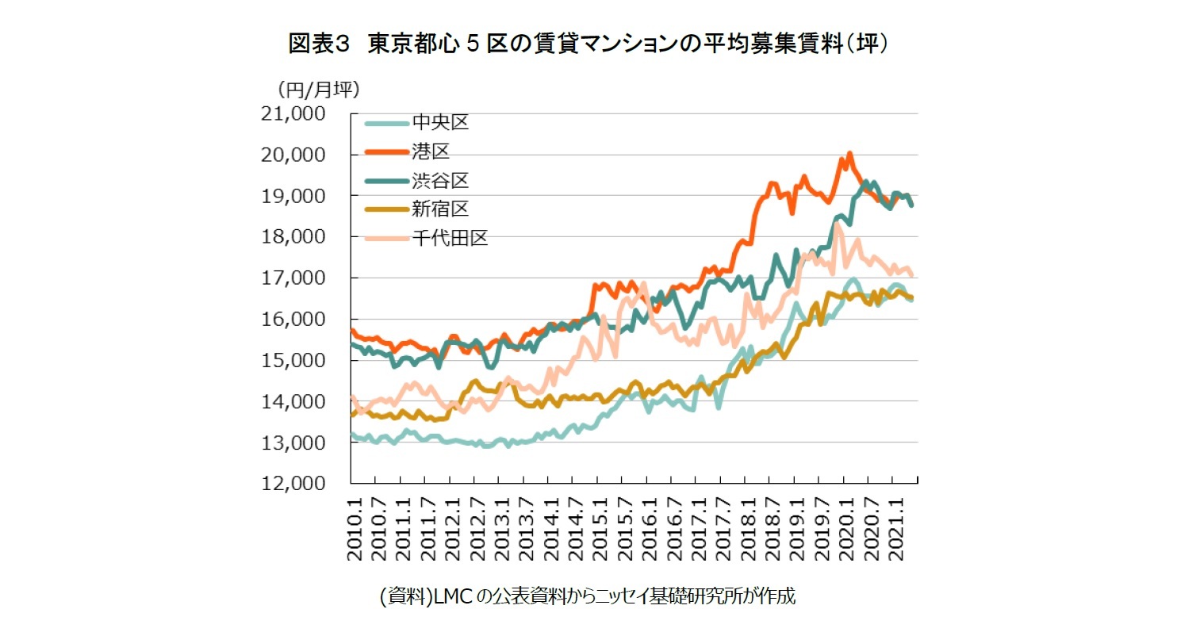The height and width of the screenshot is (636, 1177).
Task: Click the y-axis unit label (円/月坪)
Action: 317,89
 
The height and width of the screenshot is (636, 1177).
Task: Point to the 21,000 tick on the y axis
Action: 293,114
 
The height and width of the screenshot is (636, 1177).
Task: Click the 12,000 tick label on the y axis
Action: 293,484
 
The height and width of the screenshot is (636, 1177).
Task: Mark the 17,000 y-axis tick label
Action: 293,278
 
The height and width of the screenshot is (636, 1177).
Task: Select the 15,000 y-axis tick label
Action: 293,361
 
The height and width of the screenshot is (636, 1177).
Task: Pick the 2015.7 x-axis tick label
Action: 623,529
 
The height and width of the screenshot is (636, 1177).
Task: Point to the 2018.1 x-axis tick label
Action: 746,529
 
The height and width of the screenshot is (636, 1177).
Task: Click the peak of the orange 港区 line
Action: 849,153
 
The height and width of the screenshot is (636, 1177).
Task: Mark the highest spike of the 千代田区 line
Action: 837,224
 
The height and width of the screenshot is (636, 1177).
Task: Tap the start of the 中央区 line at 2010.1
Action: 352,434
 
